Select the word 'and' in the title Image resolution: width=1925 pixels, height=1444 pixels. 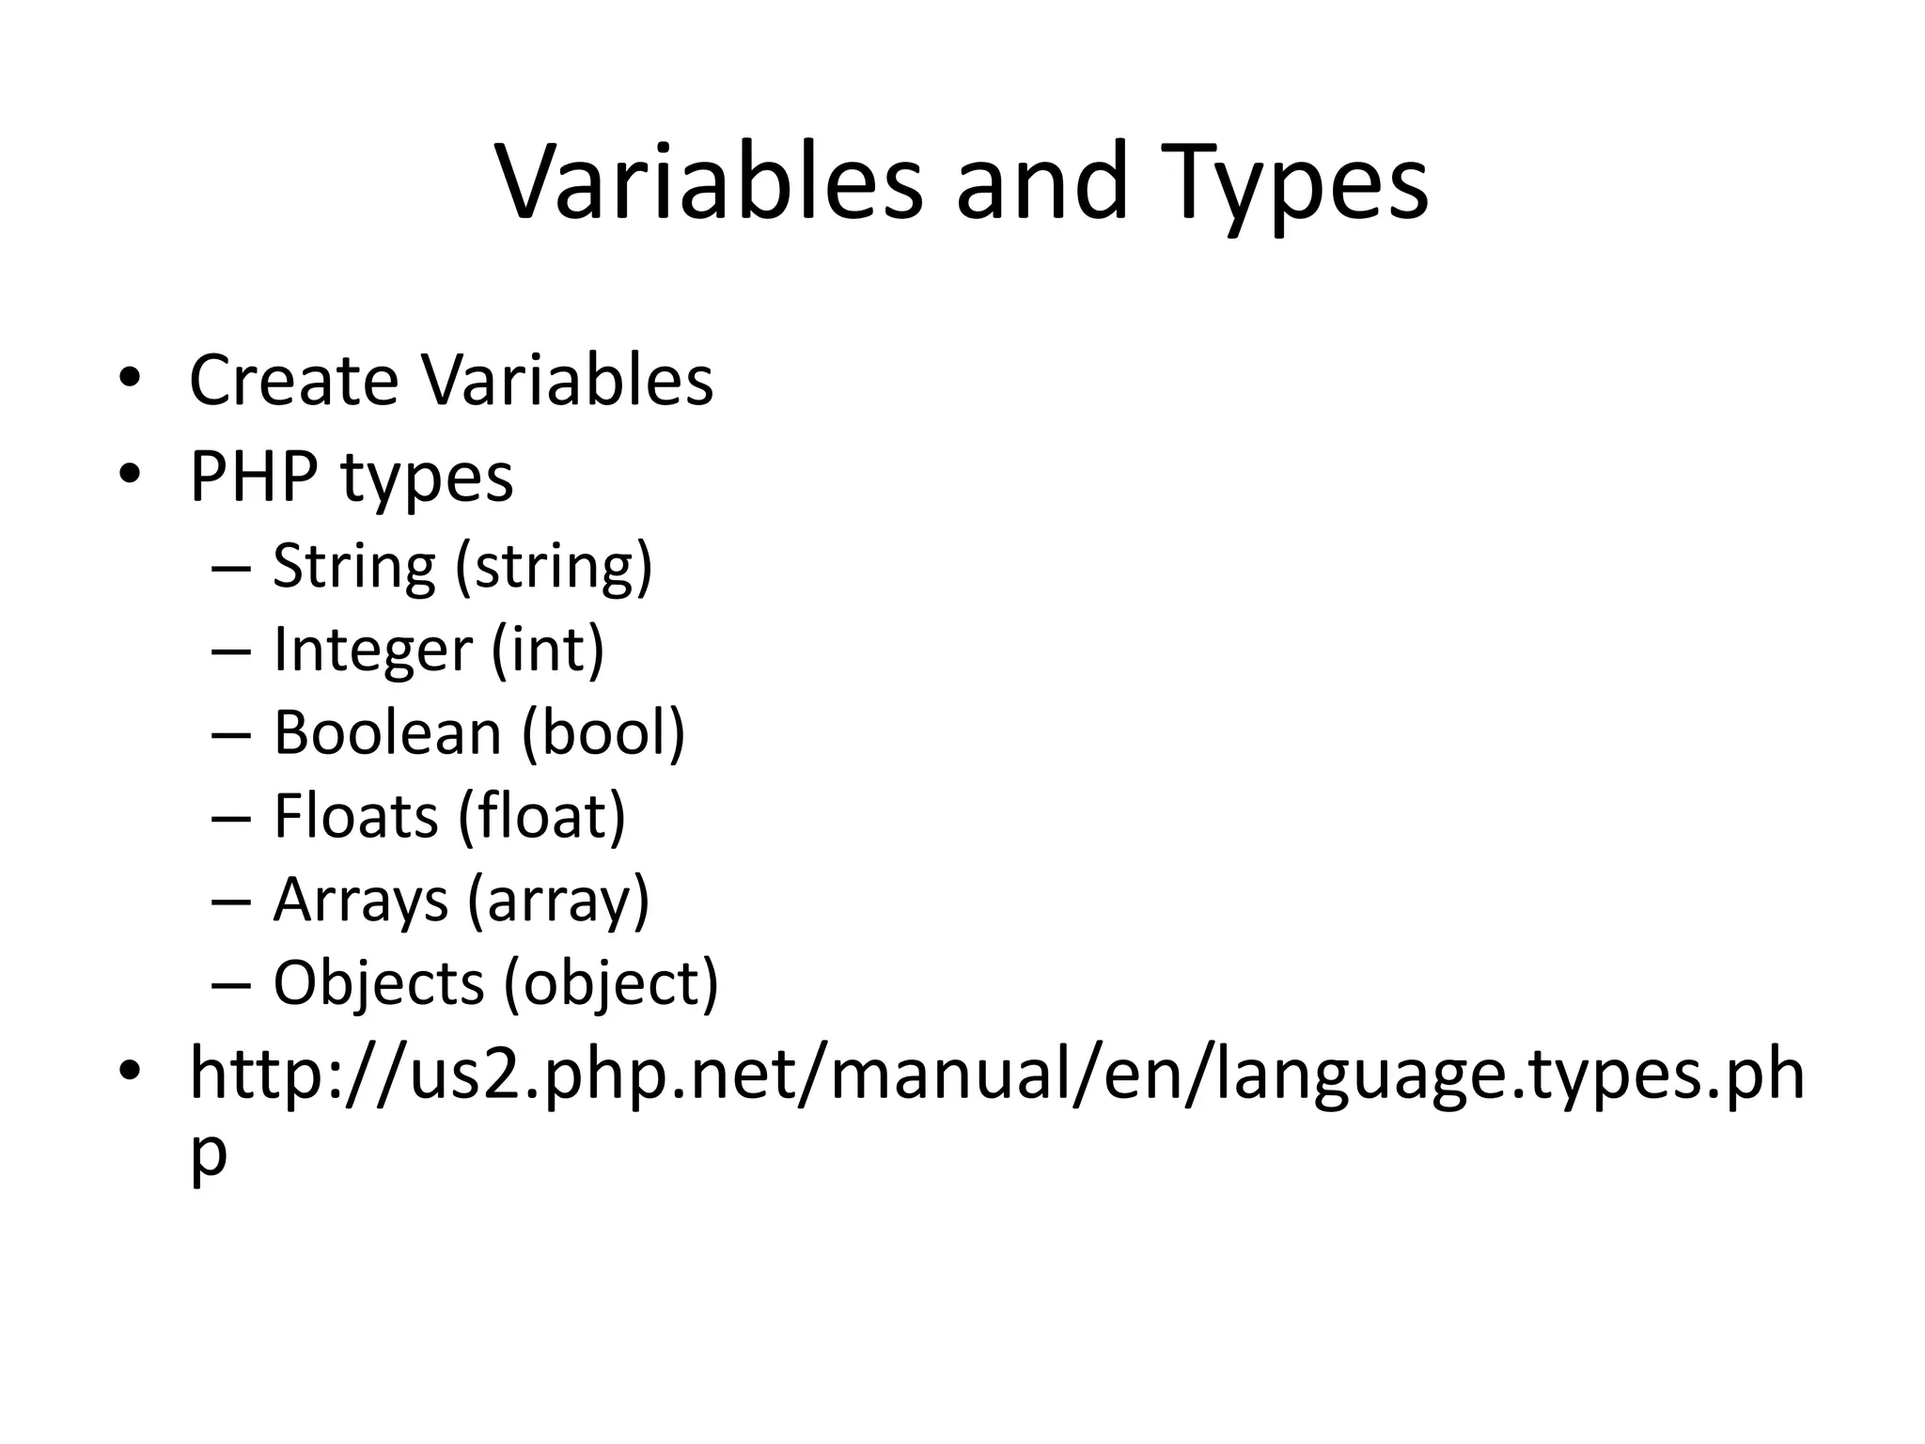1041,182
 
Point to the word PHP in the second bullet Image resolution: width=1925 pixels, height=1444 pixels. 254,477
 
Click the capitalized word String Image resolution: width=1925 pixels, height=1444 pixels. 354,567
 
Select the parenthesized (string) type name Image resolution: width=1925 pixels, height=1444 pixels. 554,567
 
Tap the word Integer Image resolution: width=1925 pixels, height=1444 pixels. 372,651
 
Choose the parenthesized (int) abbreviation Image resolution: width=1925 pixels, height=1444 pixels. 548,650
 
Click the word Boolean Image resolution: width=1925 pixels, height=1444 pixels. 387,732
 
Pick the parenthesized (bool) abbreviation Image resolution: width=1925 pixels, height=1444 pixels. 603,732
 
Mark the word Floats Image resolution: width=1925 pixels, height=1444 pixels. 355,815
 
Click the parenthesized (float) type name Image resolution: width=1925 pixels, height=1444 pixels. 542,815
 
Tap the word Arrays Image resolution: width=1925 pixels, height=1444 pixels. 360,900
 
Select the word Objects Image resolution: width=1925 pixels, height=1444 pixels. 378,982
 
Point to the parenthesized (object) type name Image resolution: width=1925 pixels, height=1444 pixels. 611,984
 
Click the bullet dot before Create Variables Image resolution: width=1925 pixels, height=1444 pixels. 130,378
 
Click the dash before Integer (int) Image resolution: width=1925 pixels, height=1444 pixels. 231,651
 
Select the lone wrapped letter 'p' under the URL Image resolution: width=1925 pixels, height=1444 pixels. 208,1154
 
